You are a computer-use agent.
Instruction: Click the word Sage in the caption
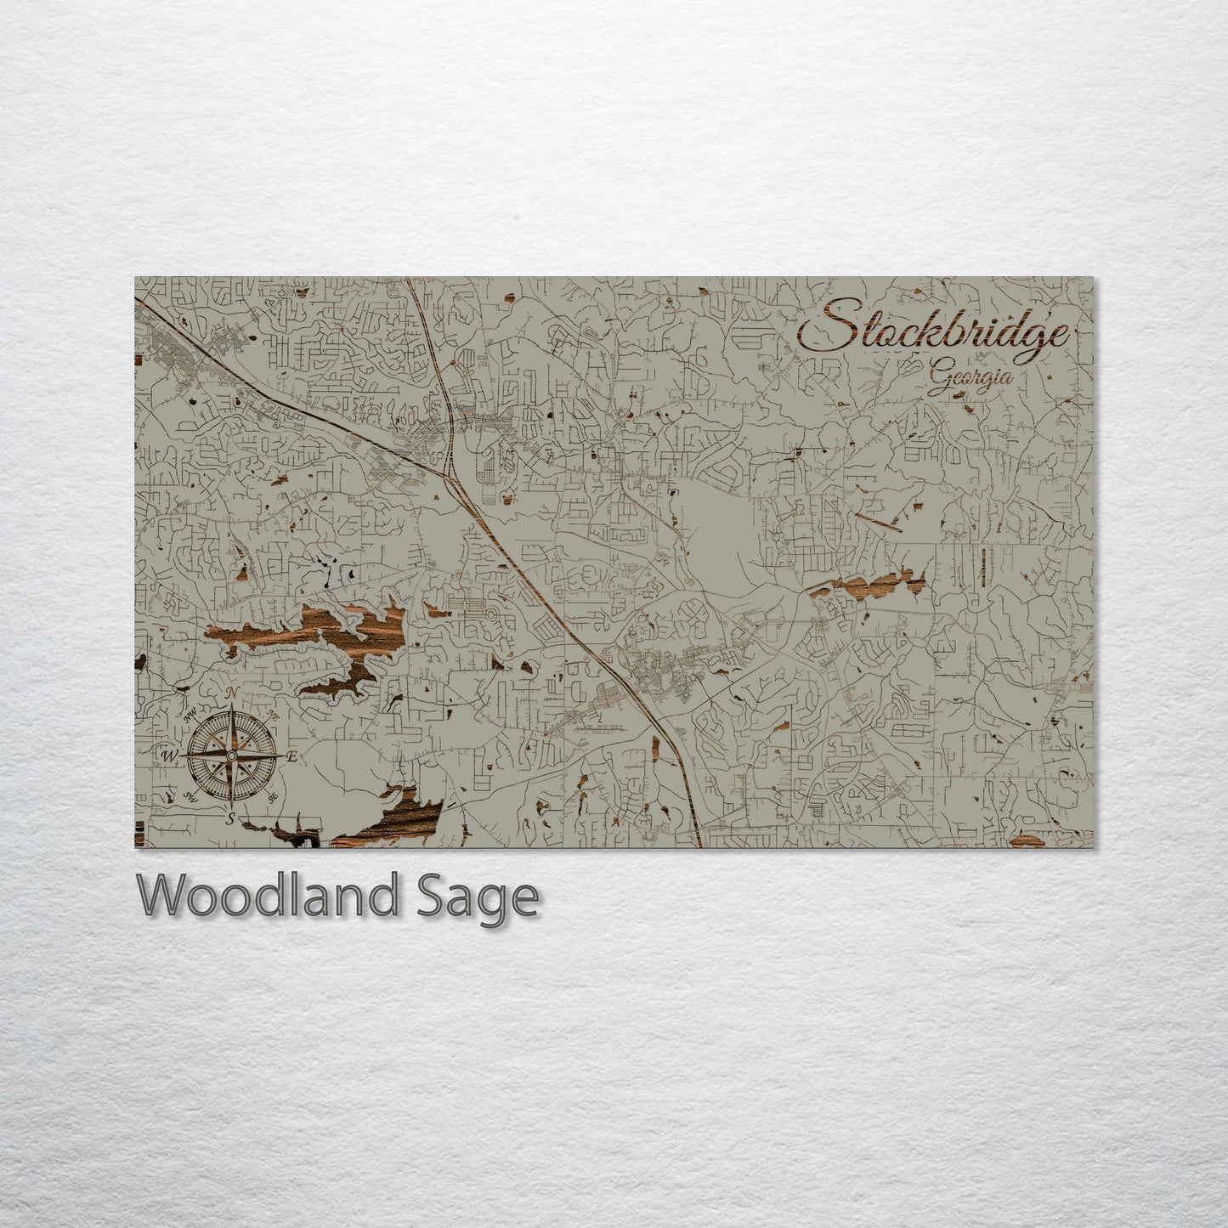[x=492, y=897]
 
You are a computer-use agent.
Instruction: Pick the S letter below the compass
[x=229, y=818]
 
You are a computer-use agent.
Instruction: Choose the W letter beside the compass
[x=167, y=755]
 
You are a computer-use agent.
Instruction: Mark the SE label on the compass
[x=273, y=797]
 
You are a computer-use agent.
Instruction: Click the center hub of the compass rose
[x=230, y=755]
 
